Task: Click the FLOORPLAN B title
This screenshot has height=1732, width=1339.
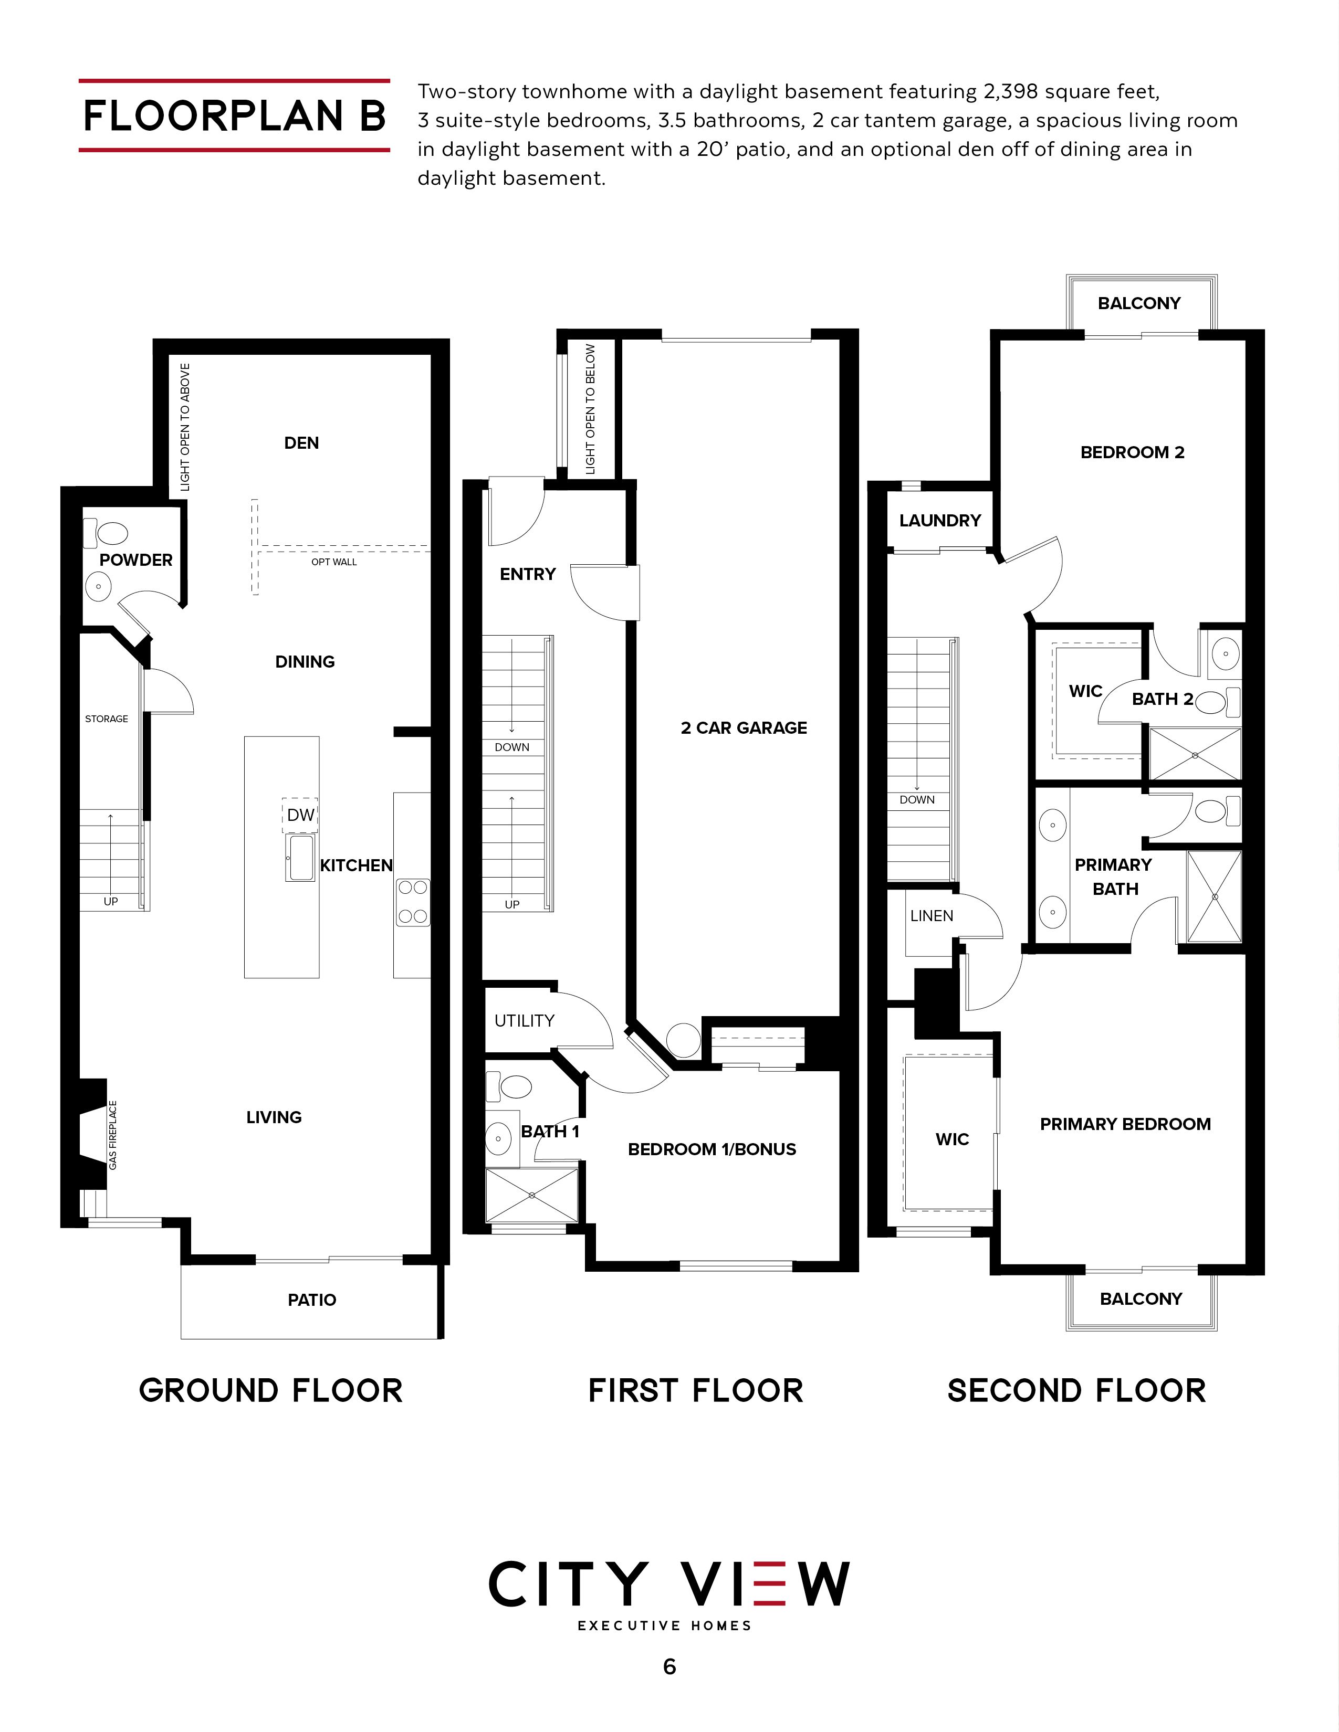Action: click(235, 116)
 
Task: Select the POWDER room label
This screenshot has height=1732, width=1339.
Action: click(135, 560)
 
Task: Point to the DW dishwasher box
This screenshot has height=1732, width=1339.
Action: click(301, 815)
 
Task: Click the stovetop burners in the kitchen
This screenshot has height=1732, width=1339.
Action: click(413, 902)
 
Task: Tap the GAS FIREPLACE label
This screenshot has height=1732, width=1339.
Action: click(113, 1135)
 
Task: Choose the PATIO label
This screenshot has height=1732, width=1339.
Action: click(312, 1300)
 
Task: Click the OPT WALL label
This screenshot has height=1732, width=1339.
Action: click(334, 562)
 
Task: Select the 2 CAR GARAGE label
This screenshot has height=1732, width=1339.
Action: click(744, 728)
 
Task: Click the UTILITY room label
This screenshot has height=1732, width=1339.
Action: click(525, 1021)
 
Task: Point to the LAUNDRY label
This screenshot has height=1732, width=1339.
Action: click(940, 520)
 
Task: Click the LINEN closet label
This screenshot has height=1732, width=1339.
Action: click(932, 916)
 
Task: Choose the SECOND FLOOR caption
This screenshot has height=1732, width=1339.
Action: click(1076, 1391)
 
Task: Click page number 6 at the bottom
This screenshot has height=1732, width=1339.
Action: click(669, 1667)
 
